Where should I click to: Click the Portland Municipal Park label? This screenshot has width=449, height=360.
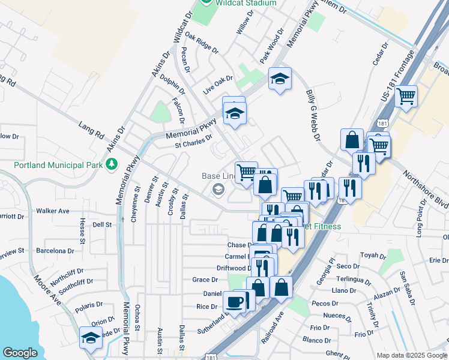(x=55, y=164)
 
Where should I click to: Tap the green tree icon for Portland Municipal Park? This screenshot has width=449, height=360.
(x=110, y=163)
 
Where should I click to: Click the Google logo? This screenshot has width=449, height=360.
(x=20, y=353)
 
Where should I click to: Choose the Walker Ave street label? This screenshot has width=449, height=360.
(x=53, y=211)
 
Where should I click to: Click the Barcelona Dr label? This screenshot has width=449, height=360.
(x=55, y=250)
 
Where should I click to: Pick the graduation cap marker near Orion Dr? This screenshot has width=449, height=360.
(x=91, y=337)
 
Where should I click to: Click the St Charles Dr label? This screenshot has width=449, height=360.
(x=193, y=140)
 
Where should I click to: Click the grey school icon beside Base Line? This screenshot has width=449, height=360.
(x=217, y=191)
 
